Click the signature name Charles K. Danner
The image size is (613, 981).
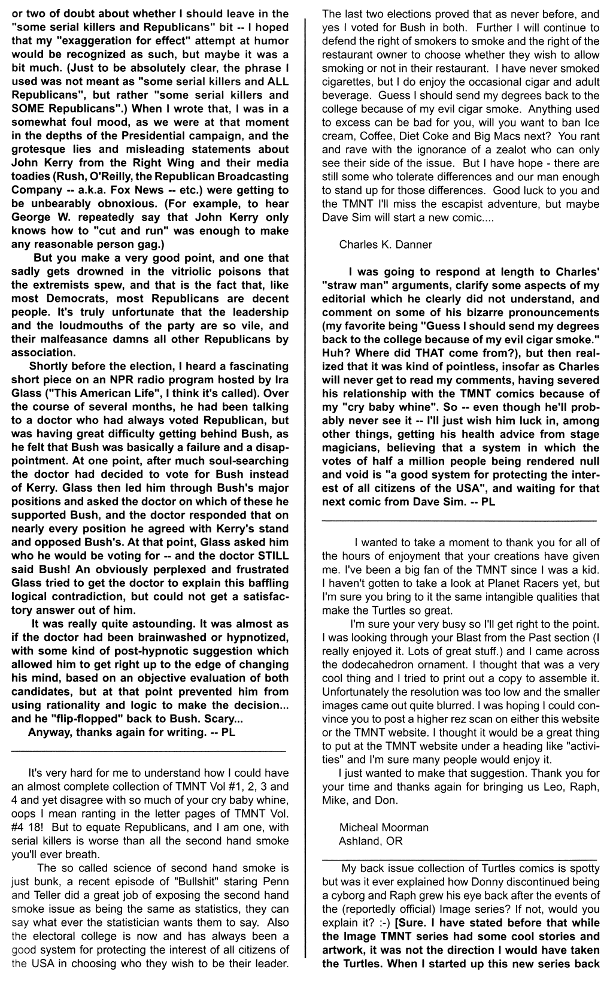(x=386, y=244)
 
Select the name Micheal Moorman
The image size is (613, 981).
(x=384, y=828)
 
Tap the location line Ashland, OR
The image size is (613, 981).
(x=371, y=841)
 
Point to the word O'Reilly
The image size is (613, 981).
(x=108, y=177)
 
